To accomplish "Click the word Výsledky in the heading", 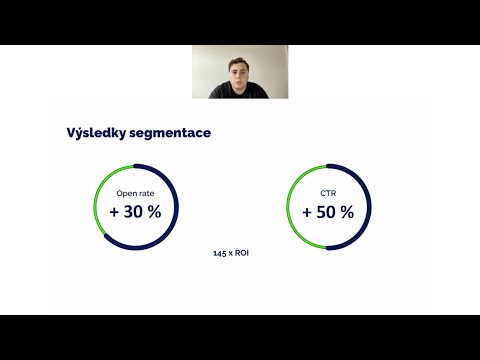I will (98, 133).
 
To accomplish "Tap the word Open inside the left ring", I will (128, 194).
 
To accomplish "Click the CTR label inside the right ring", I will (328, 194).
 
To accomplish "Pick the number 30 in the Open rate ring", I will (136, 212).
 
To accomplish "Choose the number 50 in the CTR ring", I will (328, 212).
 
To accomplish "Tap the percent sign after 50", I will (346, 212).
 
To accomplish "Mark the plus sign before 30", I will (115, 212).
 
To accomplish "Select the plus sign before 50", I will (307, 212).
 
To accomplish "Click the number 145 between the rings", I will (221, 253).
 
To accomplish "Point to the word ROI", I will (241, 253).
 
